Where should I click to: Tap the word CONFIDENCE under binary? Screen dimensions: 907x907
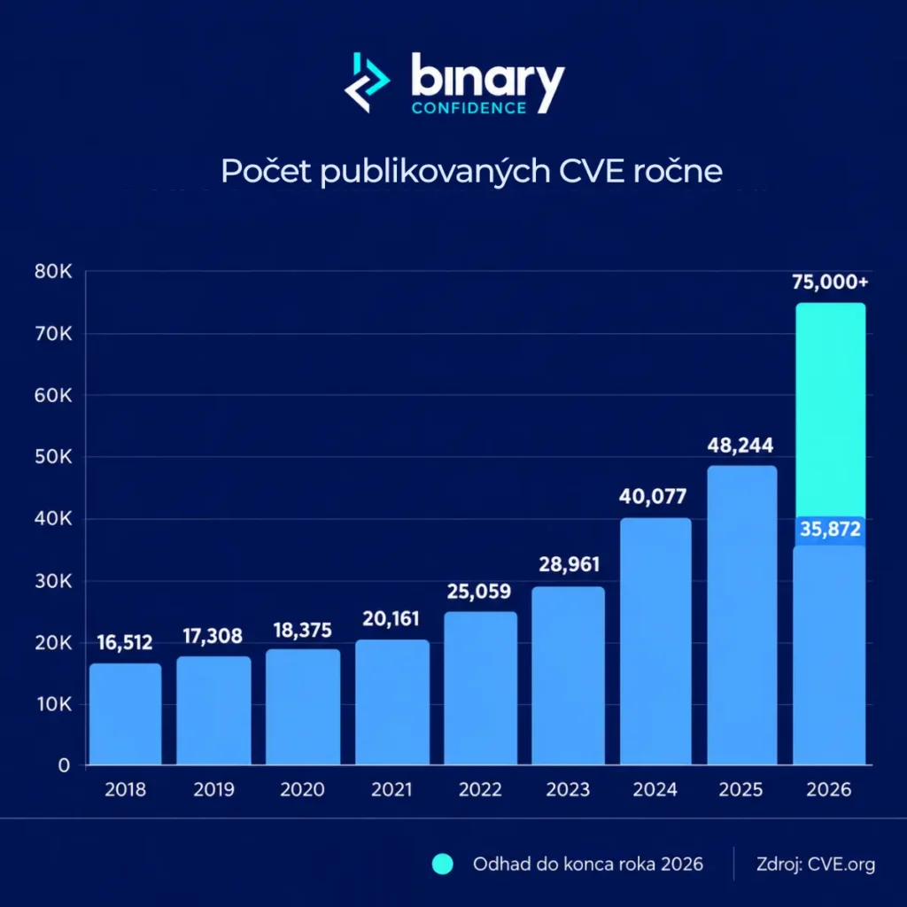tap(469, 108)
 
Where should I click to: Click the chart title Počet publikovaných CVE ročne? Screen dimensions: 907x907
tap(471, 171)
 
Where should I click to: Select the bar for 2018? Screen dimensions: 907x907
tap(126, 714)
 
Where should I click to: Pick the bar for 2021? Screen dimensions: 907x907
tap(392, 702)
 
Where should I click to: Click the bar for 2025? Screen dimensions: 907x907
tap(742, 616)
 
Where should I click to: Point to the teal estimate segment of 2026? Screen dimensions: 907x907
tap(831, 409)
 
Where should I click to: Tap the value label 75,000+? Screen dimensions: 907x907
tap(830, 283)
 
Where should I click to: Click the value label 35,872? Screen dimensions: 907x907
tap(830, 529)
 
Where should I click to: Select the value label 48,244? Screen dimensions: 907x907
tap(740, 446)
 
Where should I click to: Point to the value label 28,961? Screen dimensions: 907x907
tap(570, 564)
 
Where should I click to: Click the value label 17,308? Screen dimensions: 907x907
tap(213, 636)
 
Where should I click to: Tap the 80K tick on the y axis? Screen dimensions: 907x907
tap(53, 272)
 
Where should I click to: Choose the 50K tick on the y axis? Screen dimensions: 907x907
tap(53, 458)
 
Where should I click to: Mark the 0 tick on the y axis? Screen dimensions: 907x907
tap(64, 766)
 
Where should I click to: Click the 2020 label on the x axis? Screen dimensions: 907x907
tap(303, 790)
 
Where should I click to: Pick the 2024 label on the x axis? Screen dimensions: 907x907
tap(655, 790)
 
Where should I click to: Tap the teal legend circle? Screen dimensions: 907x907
tap(443, 864)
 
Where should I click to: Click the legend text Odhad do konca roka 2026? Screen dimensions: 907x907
tap(588, 864)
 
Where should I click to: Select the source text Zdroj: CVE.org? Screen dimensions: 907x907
tap(816, 864)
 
